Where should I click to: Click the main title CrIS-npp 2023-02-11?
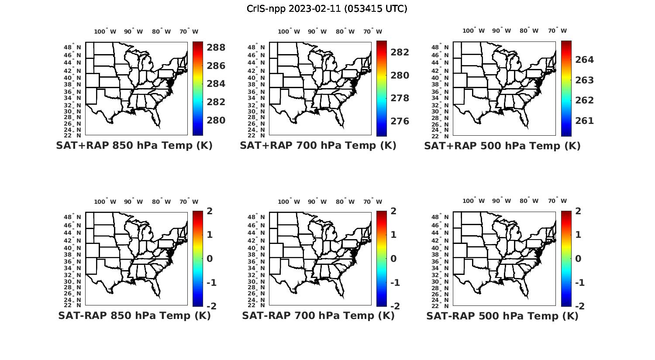327,9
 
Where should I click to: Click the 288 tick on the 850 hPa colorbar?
216,48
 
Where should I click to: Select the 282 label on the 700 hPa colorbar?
400,52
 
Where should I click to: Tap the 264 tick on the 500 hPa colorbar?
585,60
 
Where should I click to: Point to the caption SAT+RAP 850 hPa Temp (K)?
134,146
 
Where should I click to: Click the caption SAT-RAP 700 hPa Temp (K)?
318,315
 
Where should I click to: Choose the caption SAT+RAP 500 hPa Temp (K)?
502,146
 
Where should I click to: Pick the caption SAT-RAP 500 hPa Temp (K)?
502,315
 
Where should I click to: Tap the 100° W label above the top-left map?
105,31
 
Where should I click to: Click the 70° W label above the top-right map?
557,31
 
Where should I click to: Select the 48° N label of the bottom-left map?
72,217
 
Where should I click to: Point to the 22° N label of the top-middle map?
256,135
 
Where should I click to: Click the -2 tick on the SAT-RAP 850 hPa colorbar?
211,306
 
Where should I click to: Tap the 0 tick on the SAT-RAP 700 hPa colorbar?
393,258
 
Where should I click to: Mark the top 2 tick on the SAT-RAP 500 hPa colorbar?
578,211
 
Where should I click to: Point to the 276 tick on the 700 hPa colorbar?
400,121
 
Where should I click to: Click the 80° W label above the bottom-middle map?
345,202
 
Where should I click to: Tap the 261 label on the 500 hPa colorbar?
585,121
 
